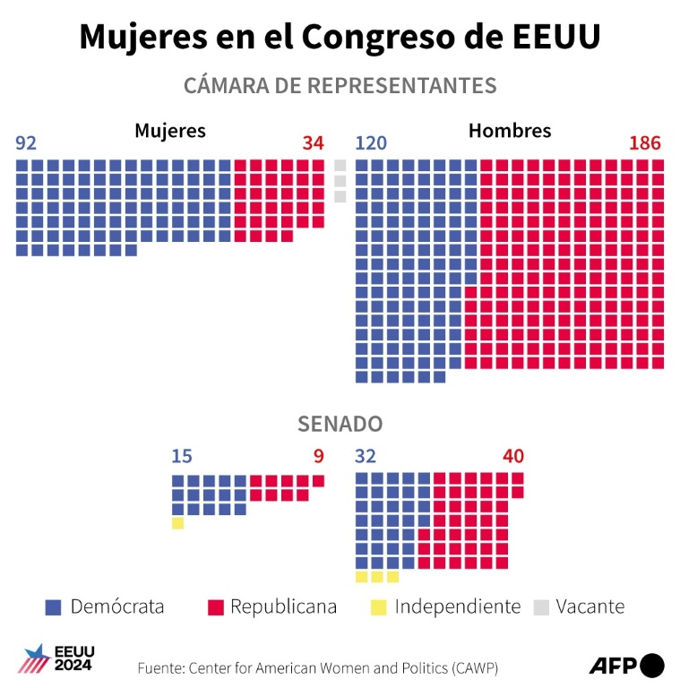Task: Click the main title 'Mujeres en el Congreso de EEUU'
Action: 340,37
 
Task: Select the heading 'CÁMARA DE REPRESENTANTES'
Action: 340,85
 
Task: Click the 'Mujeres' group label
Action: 170,131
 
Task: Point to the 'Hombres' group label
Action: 510,131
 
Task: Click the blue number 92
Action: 26,143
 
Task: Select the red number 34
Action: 313,143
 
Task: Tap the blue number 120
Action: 371,143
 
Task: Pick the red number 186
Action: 644,143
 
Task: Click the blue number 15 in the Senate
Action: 182,457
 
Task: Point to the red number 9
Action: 318,457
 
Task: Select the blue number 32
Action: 366,457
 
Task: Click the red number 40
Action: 513,457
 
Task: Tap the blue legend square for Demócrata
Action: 53,607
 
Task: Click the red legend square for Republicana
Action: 215,607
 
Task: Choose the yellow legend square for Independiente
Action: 379,607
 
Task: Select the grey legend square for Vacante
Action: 540,607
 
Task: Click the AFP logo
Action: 626,666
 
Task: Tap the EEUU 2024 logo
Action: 56,658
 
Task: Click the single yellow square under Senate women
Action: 177,523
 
